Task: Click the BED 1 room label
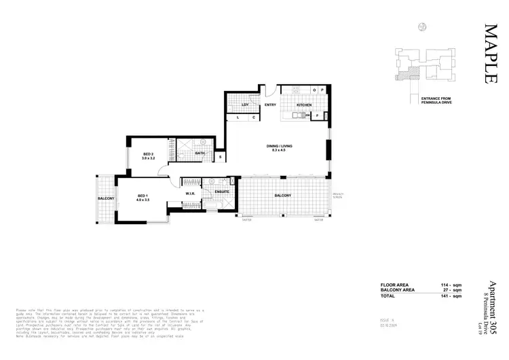143,196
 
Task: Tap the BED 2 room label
149,155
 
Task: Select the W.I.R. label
190,194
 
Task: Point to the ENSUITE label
221,192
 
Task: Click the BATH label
200,154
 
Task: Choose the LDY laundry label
246,105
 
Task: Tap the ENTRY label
269,105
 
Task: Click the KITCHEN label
303,106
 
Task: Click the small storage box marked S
221,157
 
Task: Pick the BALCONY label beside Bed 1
105,198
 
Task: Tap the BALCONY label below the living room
283,196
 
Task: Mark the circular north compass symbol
422,26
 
